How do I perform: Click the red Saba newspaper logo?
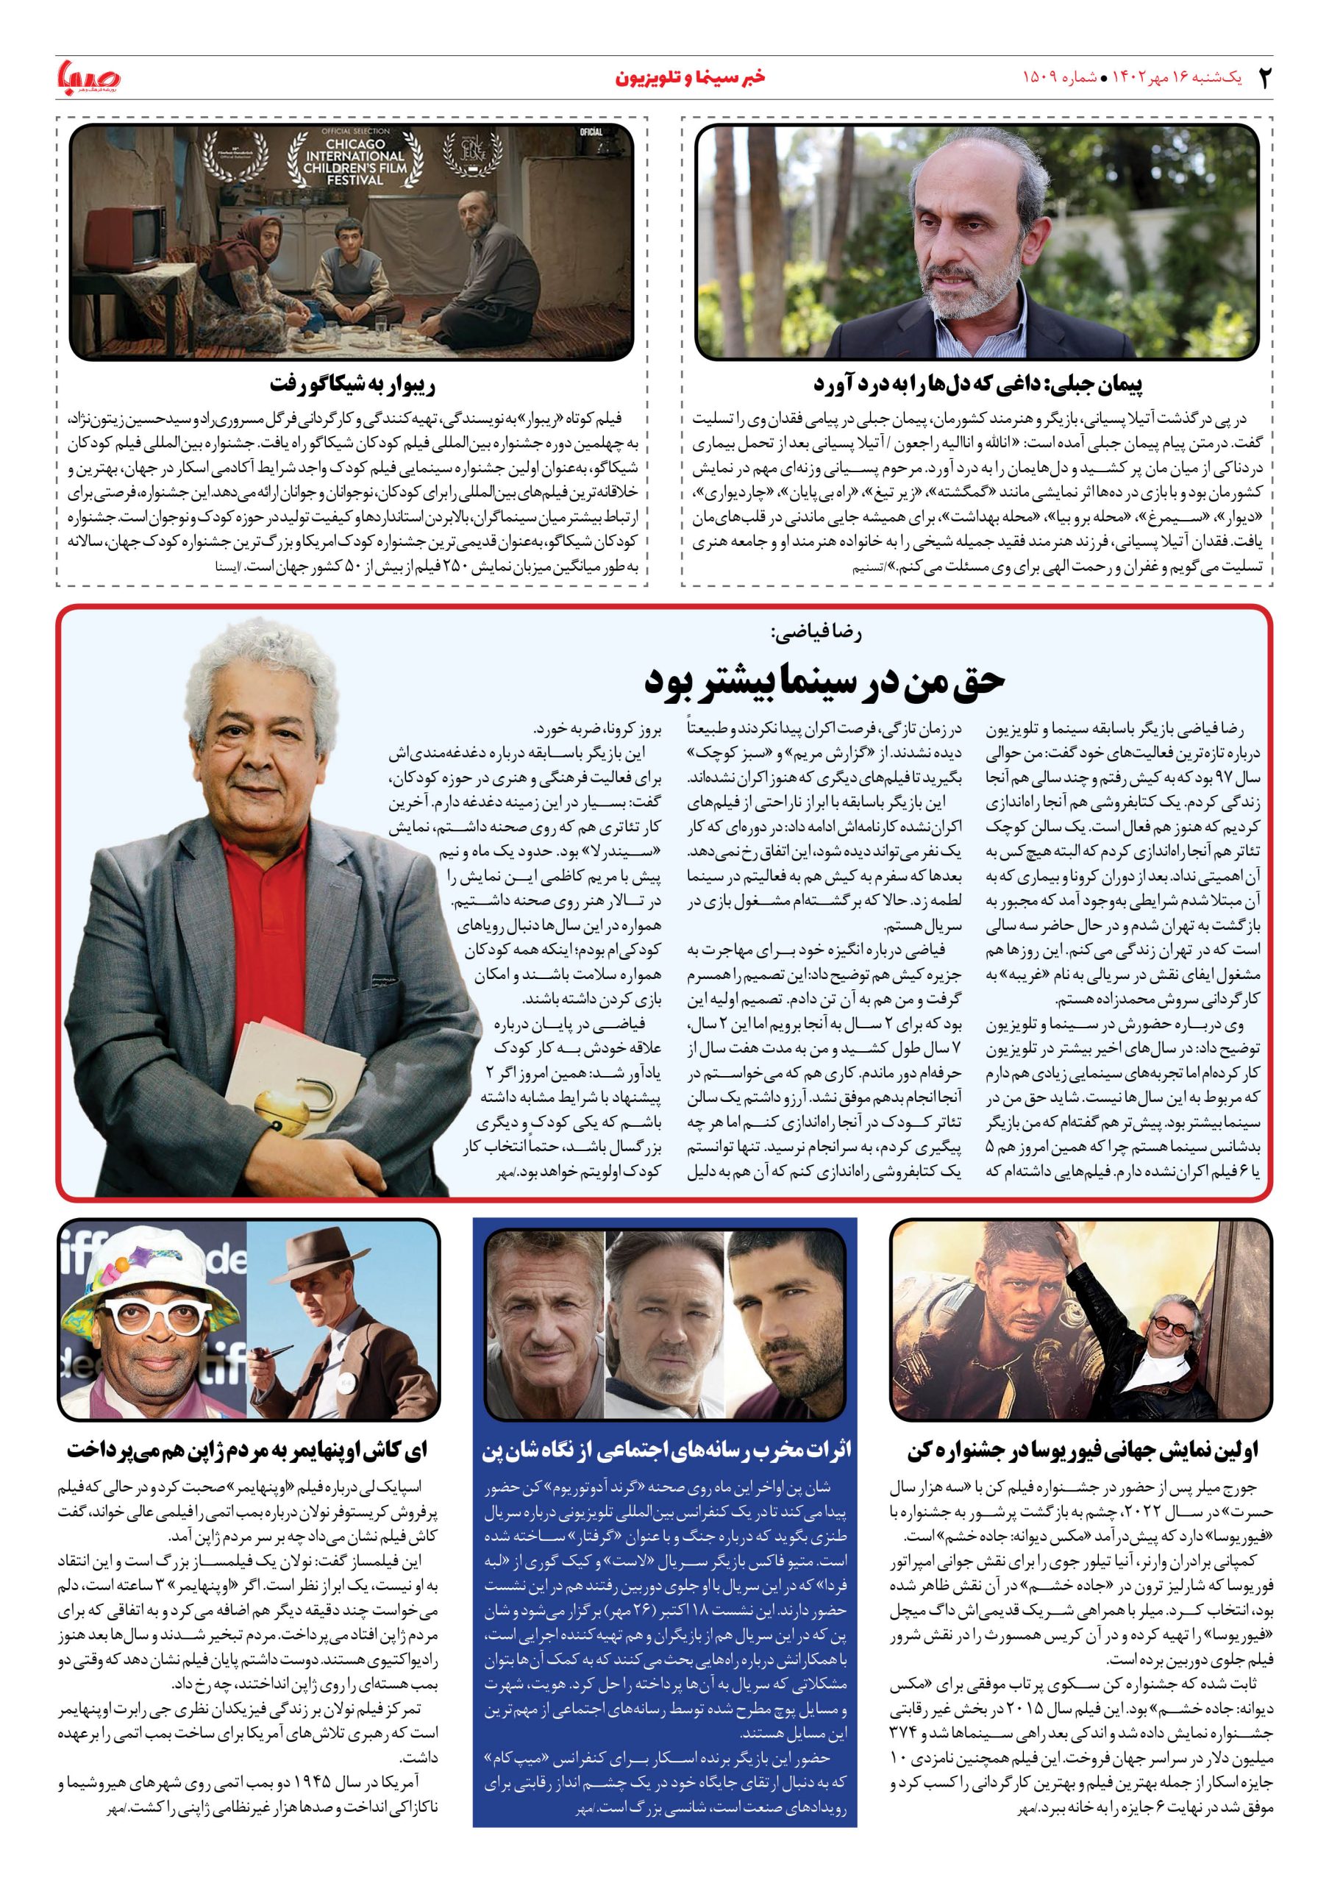[88, 79]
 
